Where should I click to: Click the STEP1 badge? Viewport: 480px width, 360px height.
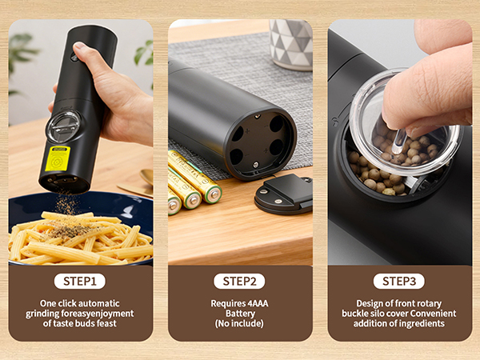coord(80,281)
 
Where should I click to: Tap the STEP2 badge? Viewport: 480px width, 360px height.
coord(240,281)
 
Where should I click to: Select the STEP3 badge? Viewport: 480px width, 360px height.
coord(399,281)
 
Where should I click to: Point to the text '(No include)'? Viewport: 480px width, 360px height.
coord(240,324)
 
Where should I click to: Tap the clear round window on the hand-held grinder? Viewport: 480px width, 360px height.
coord(62,126)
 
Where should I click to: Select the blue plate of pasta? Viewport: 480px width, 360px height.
coord(80,232)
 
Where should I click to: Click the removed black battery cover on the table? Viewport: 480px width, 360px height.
coord(284,194)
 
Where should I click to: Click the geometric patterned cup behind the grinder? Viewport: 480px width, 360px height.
coord(290,44)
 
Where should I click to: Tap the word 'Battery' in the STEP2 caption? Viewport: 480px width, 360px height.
coord(240,314)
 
